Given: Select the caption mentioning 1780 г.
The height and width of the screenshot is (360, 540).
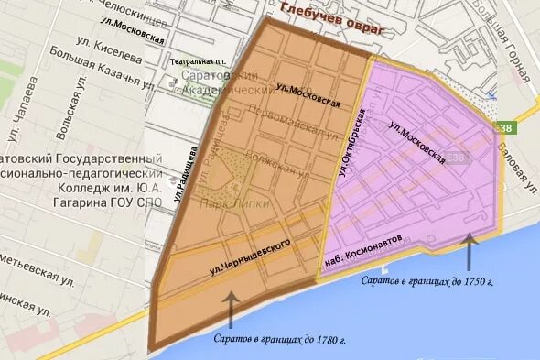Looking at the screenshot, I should tap(278, 340).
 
